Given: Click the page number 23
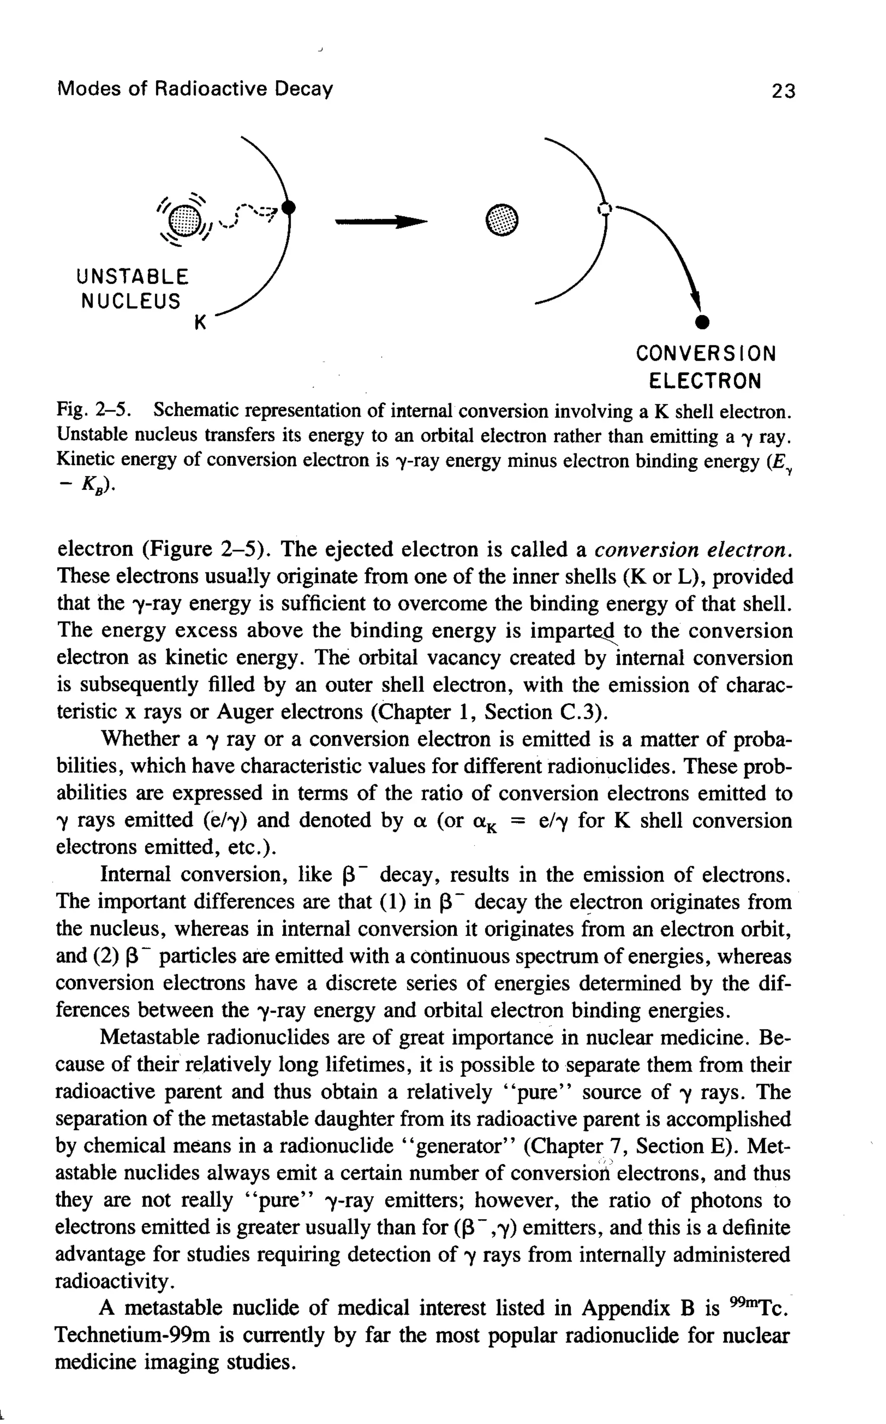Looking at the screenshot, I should (783, 91).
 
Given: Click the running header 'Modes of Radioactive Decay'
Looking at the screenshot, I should (195, 89).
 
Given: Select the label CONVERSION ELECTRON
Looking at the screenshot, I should (705, 367).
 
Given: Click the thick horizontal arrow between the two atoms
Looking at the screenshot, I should (381, 222).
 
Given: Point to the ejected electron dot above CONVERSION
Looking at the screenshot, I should (699, 322).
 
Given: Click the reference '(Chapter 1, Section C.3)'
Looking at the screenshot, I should (488, 712).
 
